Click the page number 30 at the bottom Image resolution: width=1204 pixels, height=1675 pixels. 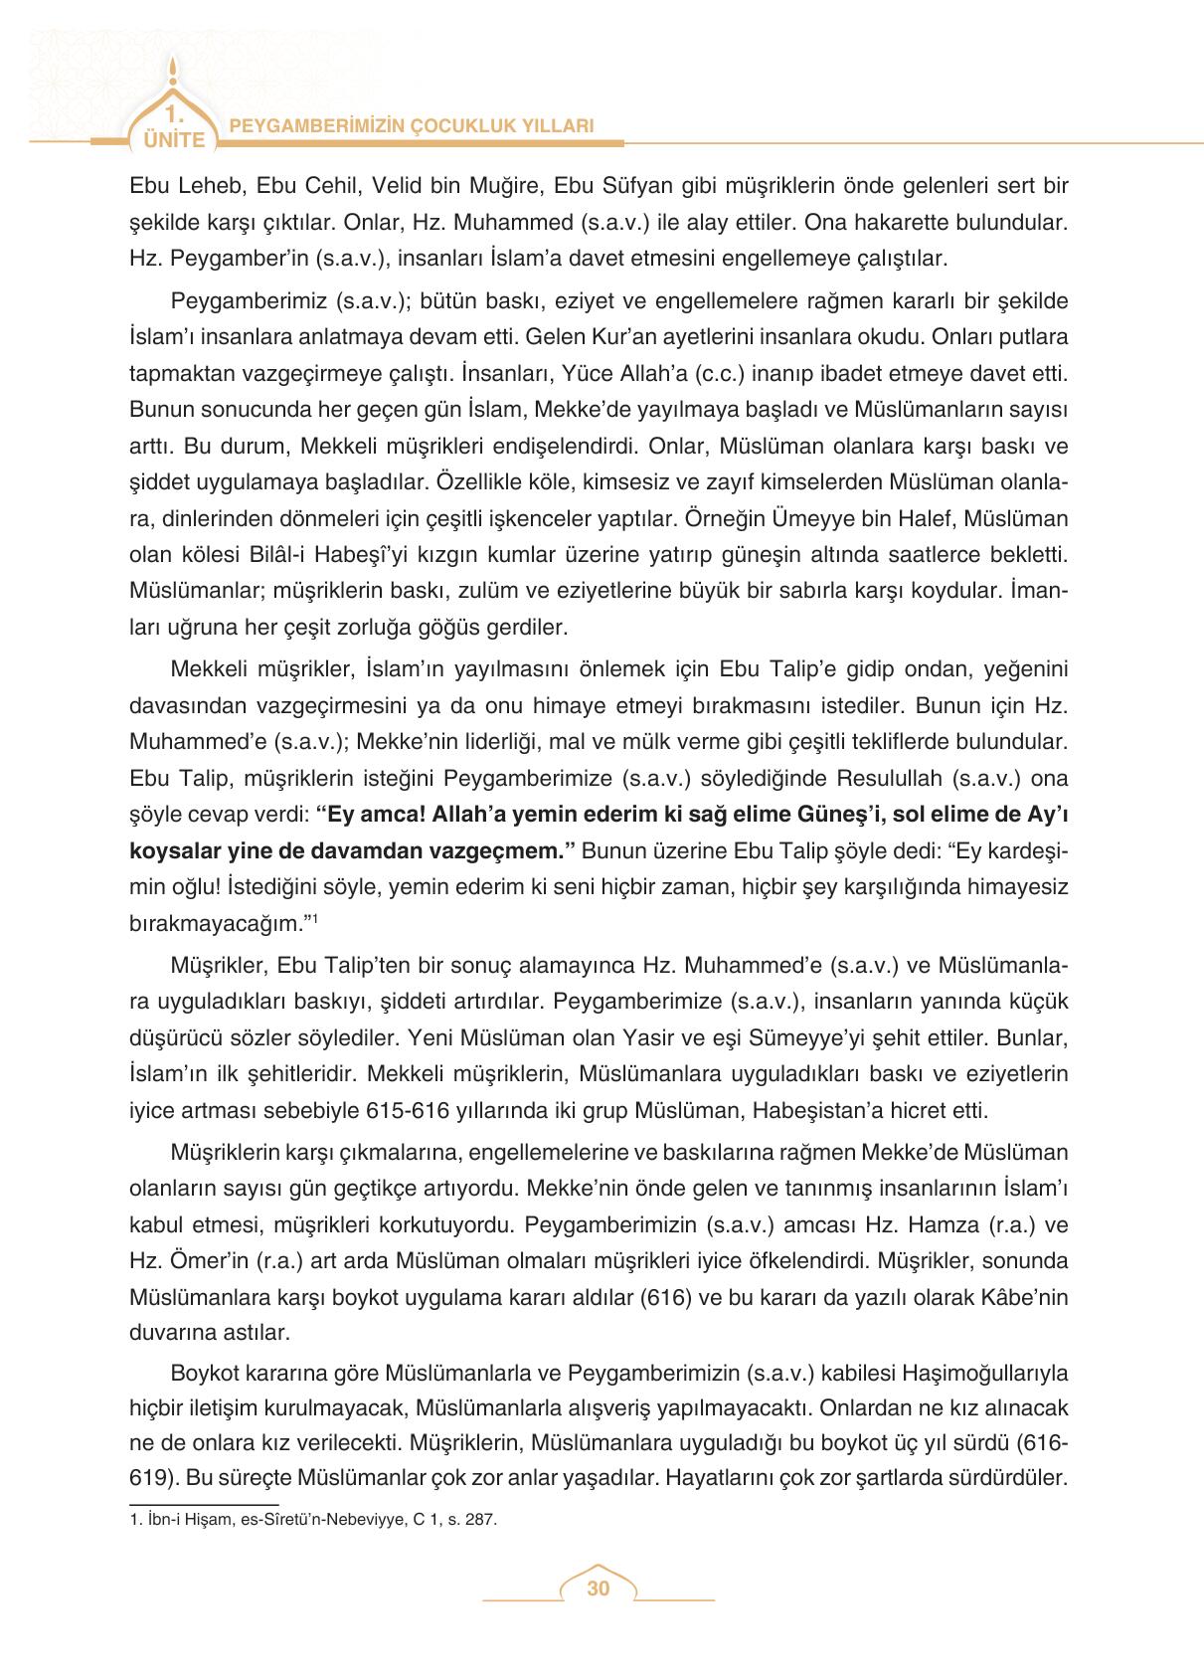(x=598, y=1588)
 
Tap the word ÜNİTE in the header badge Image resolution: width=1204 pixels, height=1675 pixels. (x=174, y=139)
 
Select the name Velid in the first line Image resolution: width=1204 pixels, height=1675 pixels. (x=402, y=186)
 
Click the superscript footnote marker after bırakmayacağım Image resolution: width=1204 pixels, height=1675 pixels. (x=314, y=918)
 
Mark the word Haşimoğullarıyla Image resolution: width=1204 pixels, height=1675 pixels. (x=984, y=1374)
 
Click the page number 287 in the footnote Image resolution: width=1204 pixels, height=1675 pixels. (x=480, y=1520)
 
